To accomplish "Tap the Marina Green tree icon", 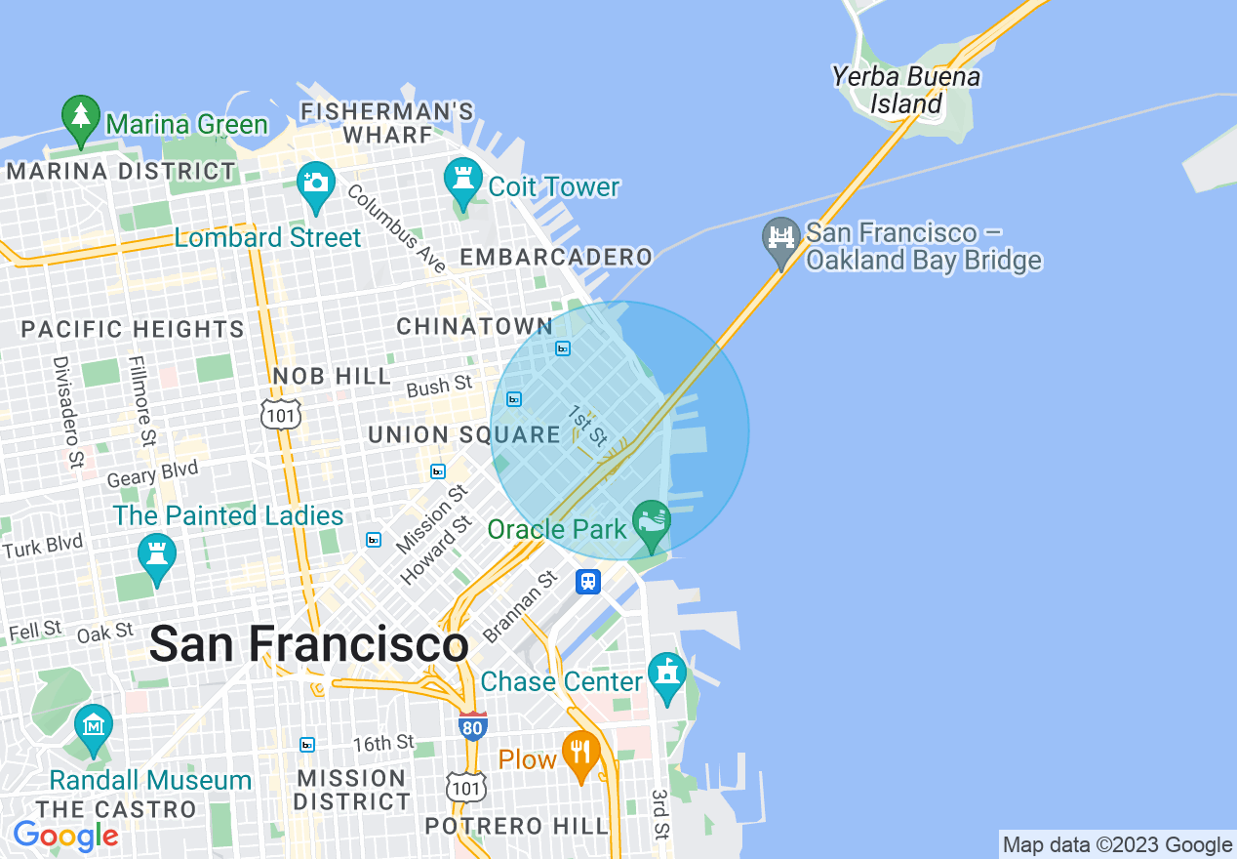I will (80, 116).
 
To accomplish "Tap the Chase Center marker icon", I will (667, 675).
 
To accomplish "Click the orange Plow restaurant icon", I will (580, 753).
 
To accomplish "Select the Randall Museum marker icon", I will (94, 727).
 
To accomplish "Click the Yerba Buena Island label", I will (906, 90).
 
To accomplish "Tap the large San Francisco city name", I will (309, 645).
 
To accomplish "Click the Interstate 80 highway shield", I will (472, 725).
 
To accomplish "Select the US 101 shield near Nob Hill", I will (281, 415).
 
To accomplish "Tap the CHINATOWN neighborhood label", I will (475, 327).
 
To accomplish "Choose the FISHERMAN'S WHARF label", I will (387, 123).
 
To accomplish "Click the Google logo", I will (65, 836).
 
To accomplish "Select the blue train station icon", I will (587, 581).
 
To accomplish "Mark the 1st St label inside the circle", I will (588, 423).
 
